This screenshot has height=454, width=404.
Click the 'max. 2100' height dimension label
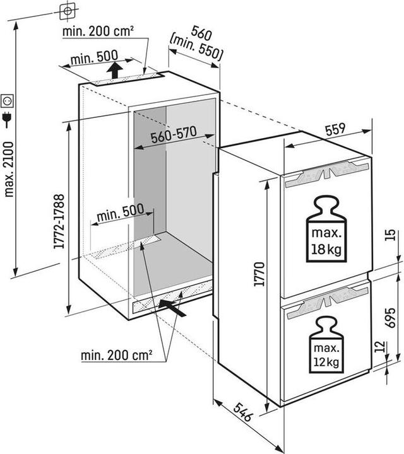coord(9,170)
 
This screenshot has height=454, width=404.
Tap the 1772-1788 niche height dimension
coord(59,221)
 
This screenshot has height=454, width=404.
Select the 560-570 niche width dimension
coord(174,135)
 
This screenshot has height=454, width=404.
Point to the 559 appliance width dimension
coord(336,129)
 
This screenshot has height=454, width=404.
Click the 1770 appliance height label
coord(259,274)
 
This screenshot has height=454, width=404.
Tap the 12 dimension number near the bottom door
coord(380,347)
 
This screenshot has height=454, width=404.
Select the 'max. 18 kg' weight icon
coord(326,230)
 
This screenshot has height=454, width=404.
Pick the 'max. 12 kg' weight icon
coord(326,344)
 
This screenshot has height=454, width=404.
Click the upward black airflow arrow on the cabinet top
coord(114,70)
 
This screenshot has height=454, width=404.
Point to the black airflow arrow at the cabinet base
coord(172,308)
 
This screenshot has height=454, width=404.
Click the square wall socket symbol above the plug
coord(7,101)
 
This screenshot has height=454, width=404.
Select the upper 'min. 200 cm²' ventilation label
coord(98,32)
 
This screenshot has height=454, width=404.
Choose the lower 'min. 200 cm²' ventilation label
coord(117,355)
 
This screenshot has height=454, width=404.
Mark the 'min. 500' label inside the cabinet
coord(121,212)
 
